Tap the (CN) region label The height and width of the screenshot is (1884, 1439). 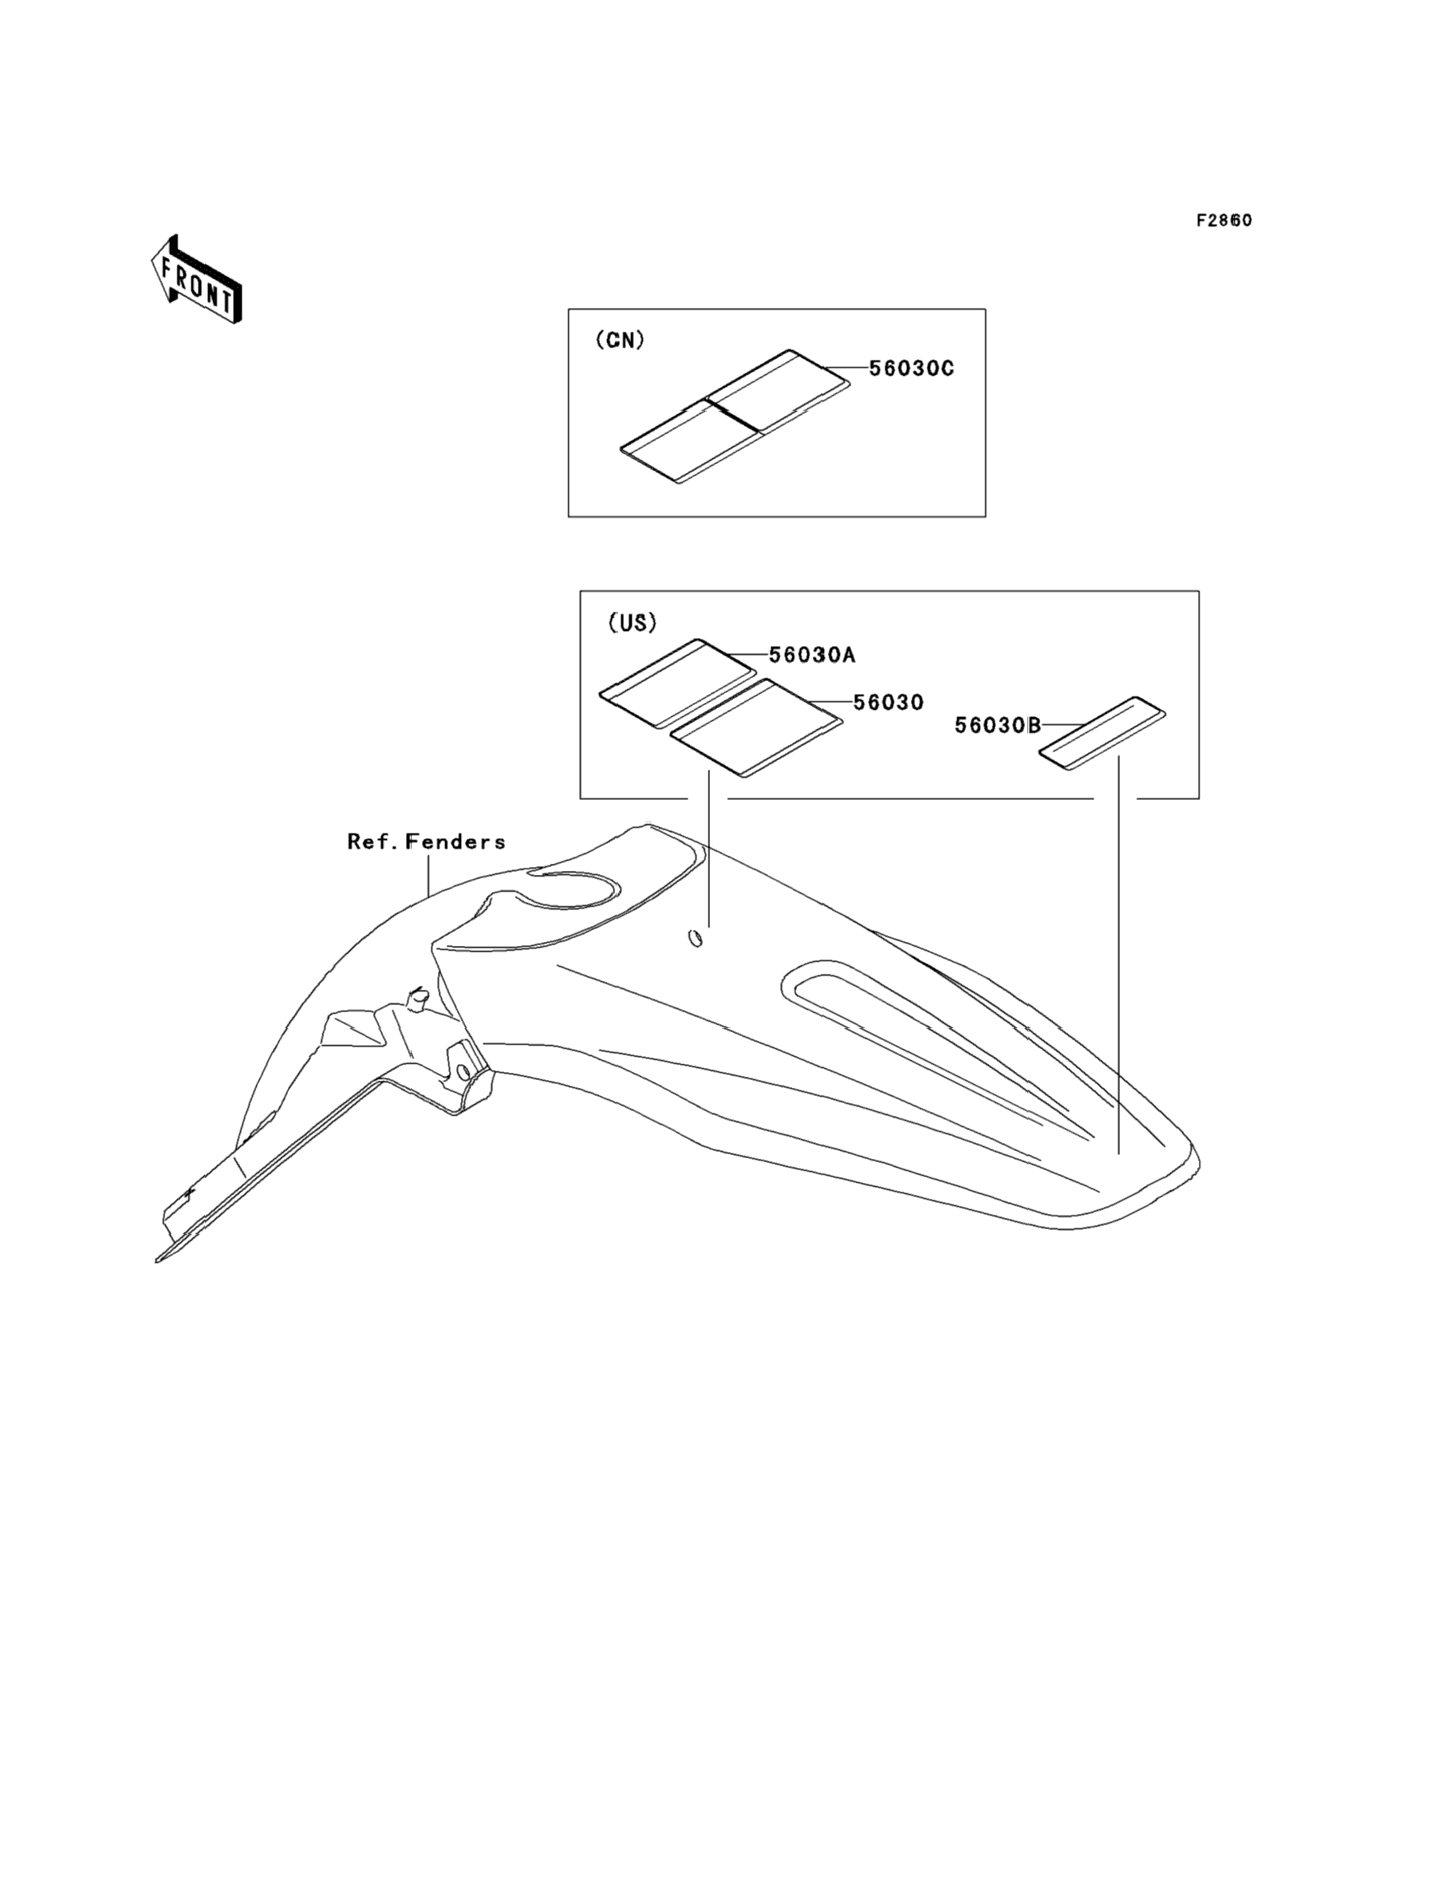[x=619, y=340]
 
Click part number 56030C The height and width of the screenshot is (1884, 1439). [x=912, y=369]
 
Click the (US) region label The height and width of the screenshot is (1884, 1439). [x=632, y=623]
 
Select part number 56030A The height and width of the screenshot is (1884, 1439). [x=812, y=655]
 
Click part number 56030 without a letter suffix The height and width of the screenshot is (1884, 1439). [x=889, y=702]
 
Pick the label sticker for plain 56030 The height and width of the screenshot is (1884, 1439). [x=755, y=727]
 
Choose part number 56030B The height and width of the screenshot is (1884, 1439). [x=998, y=725]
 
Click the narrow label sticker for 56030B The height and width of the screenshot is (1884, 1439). [x=1102, y=732]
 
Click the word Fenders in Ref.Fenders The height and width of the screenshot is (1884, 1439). [x=455, y=841]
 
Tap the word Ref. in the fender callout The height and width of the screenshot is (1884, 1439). [x=373, y=841]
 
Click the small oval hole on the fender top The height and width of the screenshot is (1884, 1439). [x=696, y=939]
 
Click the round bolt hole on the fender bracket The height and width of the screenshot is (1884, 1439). [x=463, y=1072]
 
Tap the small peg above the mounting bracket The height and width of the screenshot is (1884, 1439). [x=418, y=996]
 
